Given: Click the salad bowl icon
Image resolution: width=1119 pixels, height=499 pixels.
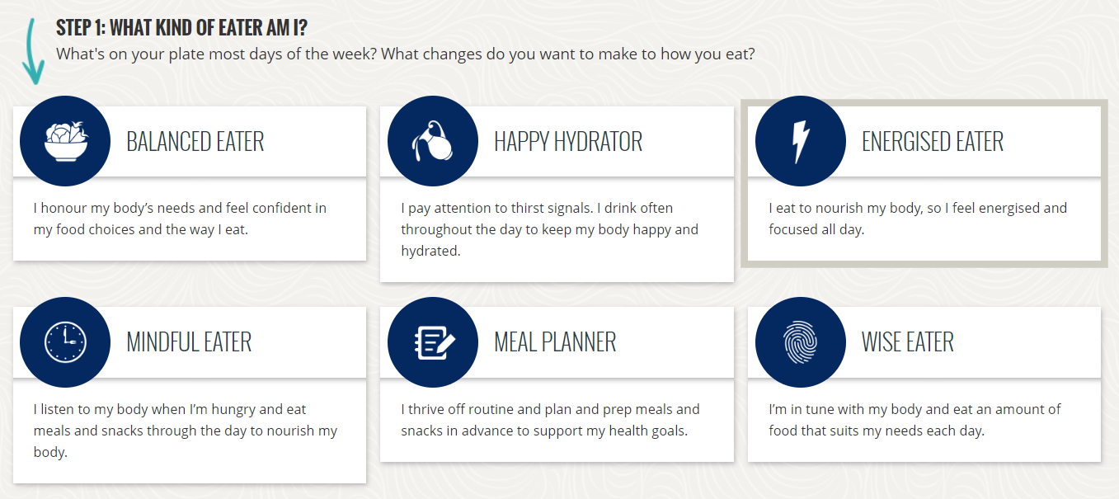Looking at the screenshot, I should tap(64, 141).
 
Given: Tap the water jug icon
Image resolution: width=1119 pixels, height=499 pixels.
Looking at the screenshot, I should tap(432, 141).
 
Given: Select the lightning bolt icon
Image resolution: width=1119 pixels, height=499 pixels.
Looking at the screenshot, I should tap(800, 141).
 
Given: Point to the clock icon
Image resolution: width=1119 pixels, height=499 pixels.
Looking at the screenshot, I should tap(64, 342).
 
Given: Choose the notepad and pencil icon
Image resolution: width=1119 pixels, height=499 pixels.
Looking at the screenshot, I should tap(432, 342).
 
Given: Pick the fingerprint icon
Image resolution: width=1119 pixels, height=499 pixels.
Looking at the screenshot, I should tap(800, 342).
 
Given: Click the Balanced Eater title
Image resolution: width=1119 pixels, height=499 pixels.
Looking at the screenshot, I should tap(195, 142).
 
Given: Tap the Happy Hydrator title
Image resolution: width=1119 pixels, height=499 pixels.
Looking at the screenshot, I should tap(567, 142).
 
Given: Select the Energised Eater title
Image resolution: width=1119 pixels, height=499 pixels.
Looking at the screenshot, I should tap(932, 142).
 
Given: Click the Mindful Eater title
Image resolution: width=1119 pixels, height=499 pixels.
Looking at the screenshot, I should tap(189, 342).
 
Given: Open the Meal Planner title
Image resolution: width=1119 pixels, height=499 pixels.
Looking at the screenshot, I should tap(554, 342).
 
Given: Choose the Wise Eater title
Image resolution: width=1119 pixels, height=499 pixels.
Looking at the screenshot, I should tap(907, 342).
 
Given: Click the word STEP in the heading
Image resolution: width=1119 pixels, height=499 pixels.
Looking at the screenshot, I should tap(73, 28).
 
